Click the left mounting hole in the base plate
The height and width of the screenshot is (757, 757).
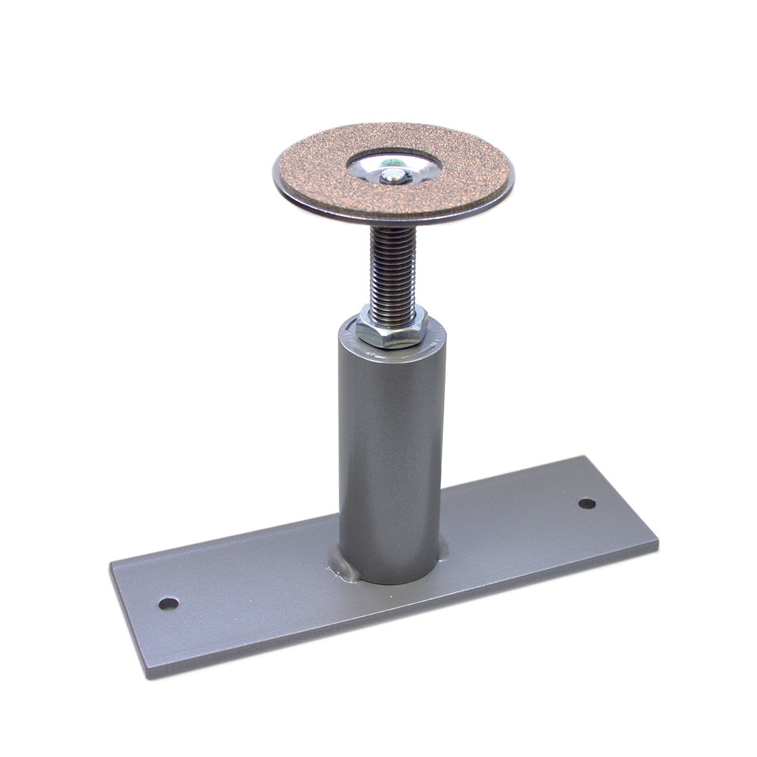168,603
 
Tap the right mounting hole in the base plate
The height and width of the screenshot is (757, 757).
587,503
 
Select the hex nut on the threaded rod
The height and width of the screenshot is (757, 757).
391,329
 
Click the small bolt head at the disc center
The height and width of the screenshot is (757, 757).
394,175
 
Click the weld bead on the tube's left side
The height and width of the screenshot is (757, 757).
343,564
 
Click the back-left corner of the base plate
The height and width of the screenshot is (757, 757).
111,562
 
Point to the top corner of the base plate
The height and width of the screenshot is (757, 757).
583,457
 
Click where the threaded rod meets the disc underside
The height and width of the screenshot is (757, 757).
393,229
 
